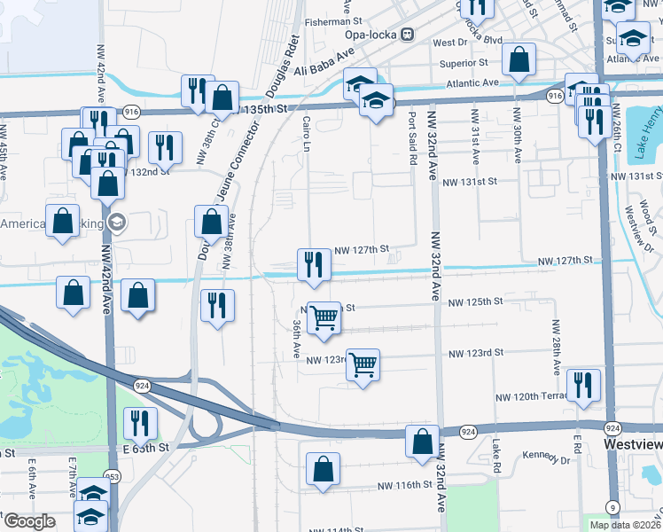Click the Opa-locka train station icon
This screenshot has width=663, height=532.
407,35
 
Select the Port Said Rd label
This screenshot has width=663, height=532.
412,138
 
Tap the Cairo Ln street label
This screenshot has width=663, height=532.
307,132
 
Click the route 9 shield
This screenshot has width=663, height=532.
613,506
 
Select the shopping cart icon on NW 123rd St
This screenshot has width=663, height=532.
363,363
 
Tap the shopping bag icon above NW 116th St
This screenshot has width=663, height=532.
324,469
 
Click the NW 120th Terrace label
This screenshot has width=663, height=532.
533,397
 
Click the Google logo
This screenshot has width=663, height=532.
29,521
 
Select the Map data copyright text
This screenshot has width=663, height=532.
626,524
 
